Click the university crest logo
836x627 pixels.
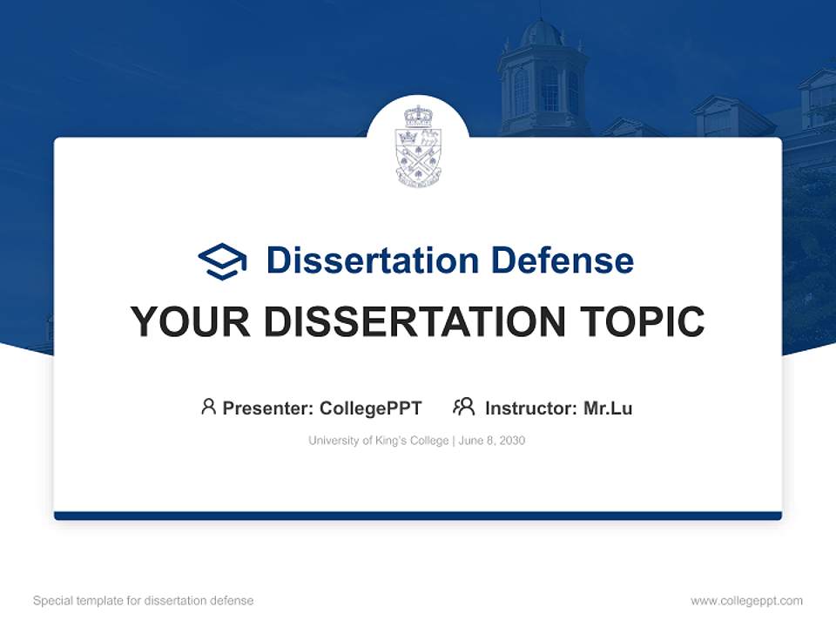click(x=418, y=146)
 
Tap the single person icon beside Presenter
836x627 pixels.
click(x=208, y=407)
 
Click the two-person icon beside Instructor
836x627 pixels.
click(x=463, y=407)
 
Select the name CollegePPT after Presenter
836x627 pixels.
click(x=370, y=408)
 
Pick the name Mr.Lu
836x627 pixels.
click(x=608, y=408)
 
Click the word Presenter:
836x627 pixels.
click(x=268, y=408)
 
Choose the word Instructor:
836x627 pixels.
click(x=531, y=408)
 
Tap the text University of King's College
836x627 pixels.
click(x=377, y=441)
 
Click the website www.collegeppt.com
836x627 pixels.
click(x=746, y=601)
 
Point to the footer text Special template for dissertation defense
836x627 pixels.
click(x=144, y=601)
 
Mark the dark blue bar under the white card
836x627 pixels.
click(x=418, y=516)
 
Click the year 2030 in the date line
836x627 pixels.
click(x=512, y=441)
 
